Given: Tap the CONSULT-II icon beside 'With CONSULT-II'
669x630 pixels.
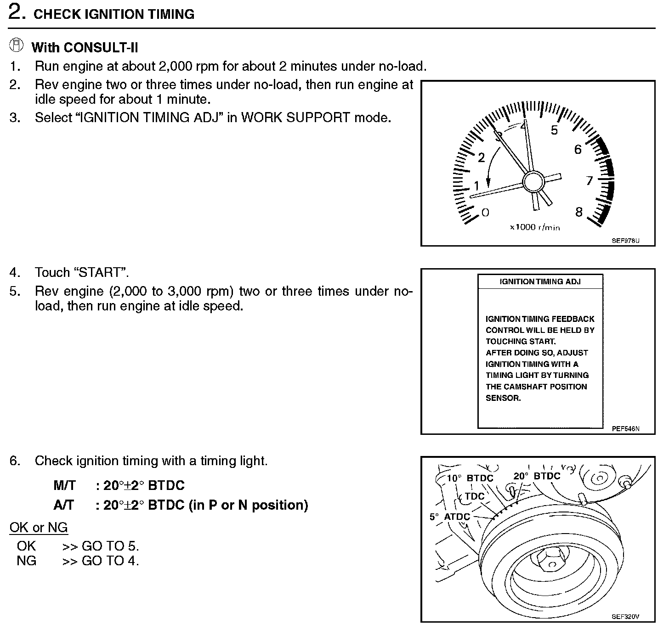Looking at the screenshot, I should (x=17, y=45).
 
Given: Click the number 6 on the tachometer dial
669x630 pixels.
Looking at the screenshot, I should (x=578, y=149).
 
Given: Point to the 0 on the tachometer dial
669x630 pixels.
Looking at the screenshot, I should (x=485, y=212).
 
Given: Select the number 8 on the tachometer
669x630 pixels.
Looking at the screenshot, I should (x=578, y=212).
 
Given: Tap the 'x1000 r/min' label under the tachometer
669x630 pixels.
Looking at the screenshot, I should (x=535, y=227).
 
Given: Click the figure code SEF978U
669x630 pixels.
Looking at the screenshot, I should (x=625, y=240).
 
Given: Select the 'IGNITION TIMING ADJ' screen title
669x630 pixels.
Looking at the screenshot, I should (x=540, y=281).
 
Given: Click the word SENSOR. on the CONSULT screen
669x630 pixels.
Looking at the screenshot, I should (x=503, y=398).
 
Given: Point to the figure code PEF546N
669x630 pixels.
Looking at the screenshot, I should (x=625, y=429).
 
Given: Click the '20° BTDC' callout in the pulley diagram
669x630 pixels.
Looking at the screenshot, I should (x=537, y=476).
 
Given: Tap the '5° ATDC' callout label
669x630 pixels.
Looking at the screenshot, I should (x=450, y=517).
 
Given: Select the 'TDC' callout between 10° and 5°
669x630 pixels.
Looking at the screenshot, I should (x=474, y=496).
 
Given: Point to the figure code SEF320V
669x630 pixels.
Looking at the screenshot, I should (x=625, y=617).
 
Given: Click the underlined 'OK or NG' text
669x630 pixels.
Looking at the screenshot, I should (x=39, y=528).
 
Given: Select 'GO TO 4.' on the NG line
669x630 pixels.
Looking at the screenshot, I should (x=110, y=561).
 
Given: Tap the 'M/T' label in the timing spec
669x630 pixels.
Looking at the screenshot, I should (x=64, y=485).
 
